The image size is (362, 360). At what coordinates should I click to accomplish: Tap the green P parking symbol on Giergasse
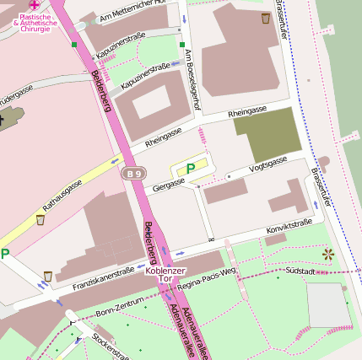click(191, 169)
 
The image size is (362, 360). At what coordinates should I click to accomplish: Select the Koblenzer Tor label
click(159, 275)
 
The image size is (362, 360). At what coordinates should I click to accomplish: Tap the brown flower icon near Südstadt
click(328, 253)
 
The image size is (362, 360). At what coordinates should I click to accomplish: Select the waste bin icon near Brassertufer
click(267, 16)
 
